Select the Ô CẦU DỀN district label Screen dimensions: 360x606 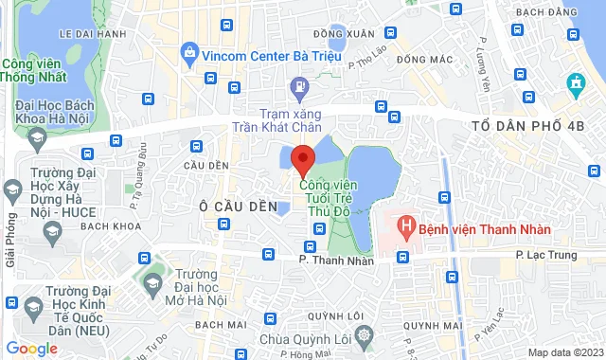point(239,206)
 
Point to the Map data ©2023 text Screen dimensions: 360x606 point(564,352)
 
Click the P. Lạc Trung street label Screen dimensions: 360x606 point(545,255)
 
